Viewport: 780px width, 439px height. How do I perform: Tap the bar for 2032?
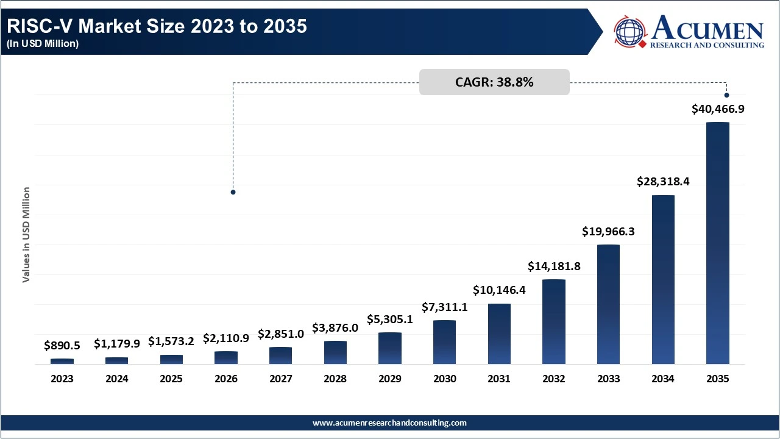pos(554,321)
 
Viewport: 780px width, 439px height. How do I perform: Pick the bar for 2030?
pos(444,341)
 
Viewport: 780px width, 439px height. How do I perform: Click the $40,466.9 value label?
pos(718,109)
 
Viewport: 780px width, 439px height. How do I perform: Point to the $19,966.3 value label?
pos(608,231)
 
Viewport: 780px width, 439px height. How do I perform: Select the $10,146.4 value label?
pos(499,290)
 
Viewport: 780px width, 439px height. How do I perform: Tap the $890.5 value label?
pos(62,345)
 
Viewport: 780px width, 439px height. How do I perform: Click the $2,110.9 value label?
pos(226,338)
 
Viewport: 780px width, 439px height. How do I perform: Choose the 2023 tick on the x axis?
pos(62,379)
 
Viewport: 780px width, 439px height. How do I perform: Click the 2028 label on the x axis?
pos(335,379)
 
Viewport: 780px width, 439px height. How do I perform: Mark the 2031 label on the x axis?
pos(499,379)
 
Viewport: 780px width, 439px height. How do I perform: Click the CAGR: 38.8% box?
pos(494,82)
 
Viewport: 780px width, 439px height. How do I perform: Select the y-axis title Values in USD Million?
pos(26,235)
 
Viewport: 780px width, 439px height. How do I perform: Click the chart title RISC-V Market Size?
pos(157,27)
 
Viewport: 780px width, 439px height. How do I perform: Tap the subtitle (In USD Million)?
pos(43,44)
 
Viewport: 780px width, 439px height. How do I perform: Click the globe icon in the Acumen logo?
pos(630,31)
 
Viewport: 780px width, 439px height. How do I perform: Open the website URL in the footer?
pos(389,423)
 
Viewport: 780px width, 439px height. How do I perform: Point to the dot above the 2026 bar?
pos(233,192)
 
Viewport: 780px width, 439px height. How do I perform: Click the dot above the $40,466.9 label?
pos(726,95)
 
